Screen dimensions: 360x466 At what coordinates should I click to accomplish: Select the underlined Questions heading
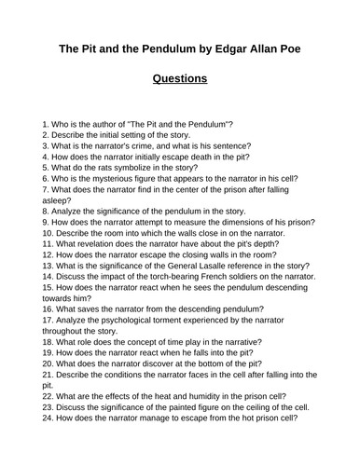(179, 78)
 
